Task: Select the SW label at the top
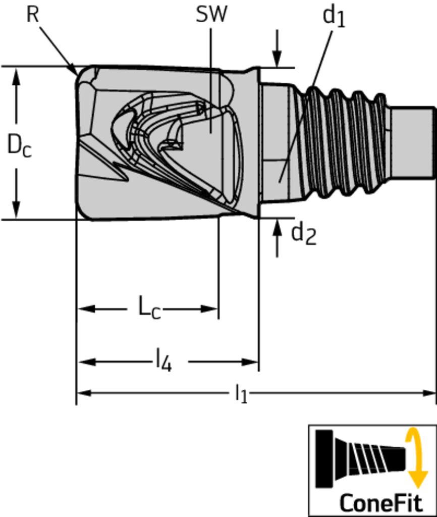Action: point(211,15)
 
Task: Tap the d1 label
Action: point(334,16)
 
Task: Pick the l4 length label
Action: point(163,361)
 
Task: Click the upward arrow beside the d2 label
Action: point(277,230)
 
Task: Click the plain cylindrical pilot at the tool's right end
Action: point(412,142)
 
